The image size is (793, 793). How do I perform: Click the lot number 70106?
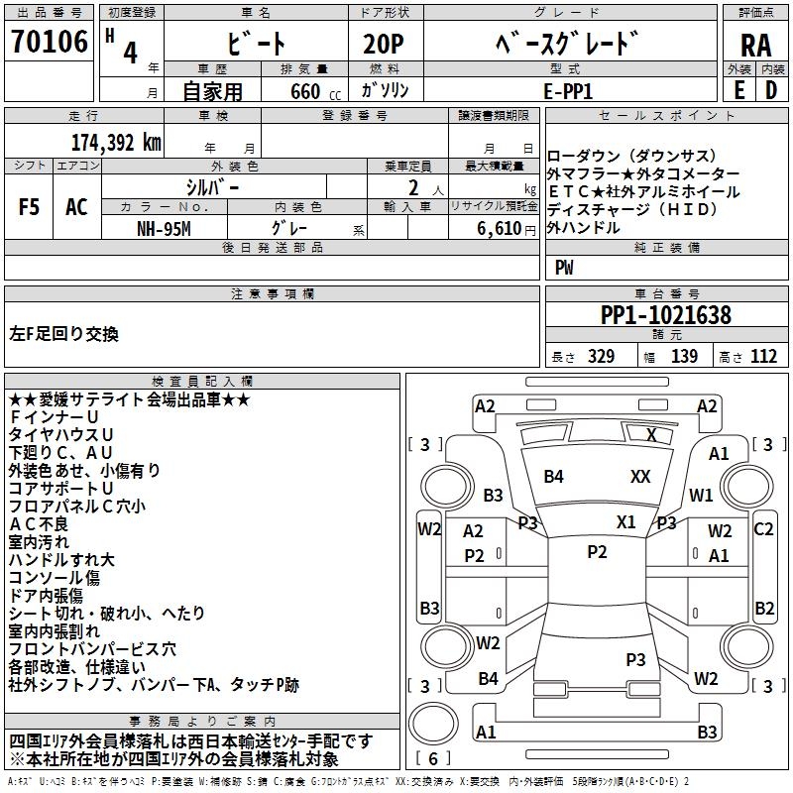[50, 43]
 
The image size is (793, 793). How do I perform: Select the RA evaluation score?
[755, 46]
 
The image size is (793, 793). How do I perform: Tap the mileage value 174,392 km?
[116, 143]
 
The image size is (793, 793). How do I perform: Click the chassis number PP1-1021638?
[666, 316]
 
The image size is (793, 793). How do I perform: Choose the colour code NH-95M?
[165, 228]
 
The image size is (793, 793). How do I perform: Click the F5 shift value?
[29, 207]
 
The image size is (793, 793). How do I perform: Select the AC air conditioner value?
[76, 207]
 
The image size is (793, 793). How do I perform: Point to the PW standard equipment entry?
[564, 267]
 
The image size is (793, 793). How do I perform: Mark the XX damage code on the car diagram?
[640, 477]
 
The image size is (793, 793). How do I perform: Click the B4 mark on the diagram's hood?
[553, 477]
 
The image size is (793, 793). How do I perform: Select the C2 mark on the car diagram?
[763, 529]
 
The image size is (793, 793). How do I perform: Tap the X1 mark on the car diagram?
[625, 522]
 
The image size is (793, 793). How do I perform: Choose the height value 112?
[763, 357]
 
